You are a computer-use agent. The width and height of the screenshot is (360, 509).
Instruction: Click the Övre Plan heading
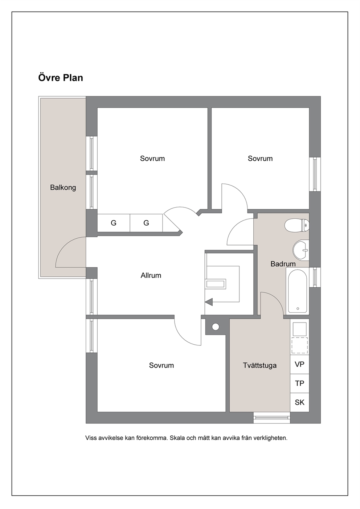61,78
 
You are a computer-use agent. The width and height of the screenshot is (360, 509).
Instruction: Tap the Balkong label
63,188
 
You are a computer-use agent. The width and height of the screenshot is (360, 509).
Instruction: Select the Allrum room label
151,275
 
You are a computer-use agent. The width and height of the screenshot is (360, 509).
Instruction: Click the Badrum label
283,264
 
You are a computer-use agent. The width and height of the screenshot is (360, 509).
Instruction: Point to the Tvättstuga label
260,365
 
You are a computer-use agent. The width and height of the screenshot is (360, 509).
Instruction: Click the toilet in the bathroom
296,225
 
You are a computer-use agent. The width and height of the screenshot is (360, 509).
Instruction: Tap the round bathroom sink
301,250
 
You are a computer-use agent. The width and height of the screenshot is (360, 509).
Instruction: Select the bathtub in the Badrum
298,291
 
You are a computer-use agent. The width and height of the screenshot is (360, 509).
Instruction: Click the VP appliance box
299,364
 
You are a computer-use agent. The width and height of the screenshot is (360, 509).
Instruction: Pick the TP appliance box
299,383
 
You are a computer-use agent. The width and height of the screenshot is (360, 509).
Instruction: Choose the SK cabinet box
299,402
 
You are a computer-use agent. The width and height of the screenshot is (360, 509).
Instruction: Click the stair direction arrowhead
209,302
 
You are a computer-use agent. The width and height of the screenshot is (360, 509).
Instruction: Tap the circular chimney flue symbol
216,327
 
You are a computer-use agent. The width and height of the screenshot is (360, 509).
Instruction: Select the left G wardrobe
114,223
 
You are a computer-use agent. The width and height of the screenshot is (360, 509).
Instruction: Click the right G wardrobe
146,223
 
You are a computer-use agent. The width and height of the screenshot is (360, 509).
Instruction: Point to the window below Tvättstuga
272,418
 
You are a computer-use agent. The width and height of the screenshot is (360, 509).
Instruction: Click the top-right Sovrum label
260,159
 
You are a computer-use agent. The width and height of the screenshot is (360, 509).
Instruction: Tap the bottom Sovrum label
161,365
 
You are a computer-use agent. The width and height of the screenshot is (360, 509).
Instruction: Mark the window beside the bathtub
315,278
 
